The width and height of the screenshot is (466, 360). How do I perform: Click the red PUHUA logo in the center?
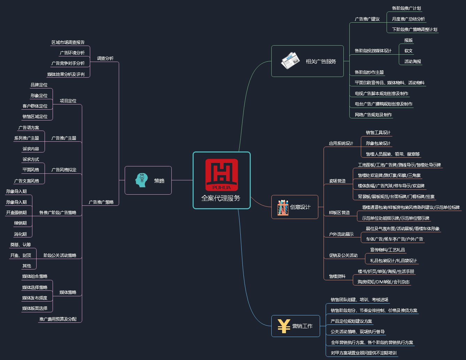[222, 175]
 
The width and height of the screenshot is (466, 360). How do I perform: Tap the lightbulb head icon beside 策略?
[141, 180]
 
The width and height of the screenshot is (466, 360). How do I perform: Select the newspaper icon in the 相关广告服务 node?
[290, 61]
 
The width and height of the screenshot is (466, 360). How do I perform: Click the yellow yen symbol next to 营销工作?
[284, 326]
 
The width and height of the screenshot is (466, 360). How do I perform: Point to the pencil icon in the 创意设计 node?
[283, 207]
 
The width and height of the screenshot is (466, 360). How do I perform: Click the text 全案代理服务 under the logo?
[221, 198]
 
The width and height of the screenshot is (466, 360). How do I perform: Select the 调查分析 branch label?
[105, 58]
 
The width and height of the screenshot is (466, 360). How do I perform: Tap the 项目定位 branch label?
[68, 101]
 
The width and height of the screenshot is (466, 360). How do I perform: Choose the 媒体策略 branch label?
[68, 292]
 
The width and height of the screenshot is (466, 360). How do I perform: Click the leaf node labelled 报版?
[409, 40]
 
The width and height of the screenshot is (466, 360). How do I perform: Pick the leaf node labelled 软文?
[409, 51]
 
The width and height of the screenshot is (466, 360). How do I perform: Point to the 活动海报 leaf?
[413, 62]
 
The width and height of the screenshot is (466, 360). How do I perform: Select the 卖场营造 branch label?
[337, 181]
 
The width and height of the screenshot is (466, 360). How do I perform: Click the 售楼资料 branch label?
[337, 276]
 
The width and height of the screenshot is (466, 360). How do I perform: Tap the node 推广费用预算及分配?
[58, 319]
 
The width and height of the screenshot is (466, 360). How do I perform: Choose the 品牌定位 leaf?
[39, 85]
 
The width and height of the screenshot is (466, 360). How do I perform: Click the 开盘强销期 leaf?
[16, 213]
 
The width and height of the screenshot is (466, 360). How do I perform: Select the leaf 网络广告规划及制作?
[373, 115]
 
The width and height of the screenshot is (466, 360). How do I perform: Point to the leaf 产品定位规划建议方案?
[351, 321]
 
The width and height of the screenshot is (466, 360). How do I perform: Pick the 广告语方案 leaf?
[29, 128]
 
